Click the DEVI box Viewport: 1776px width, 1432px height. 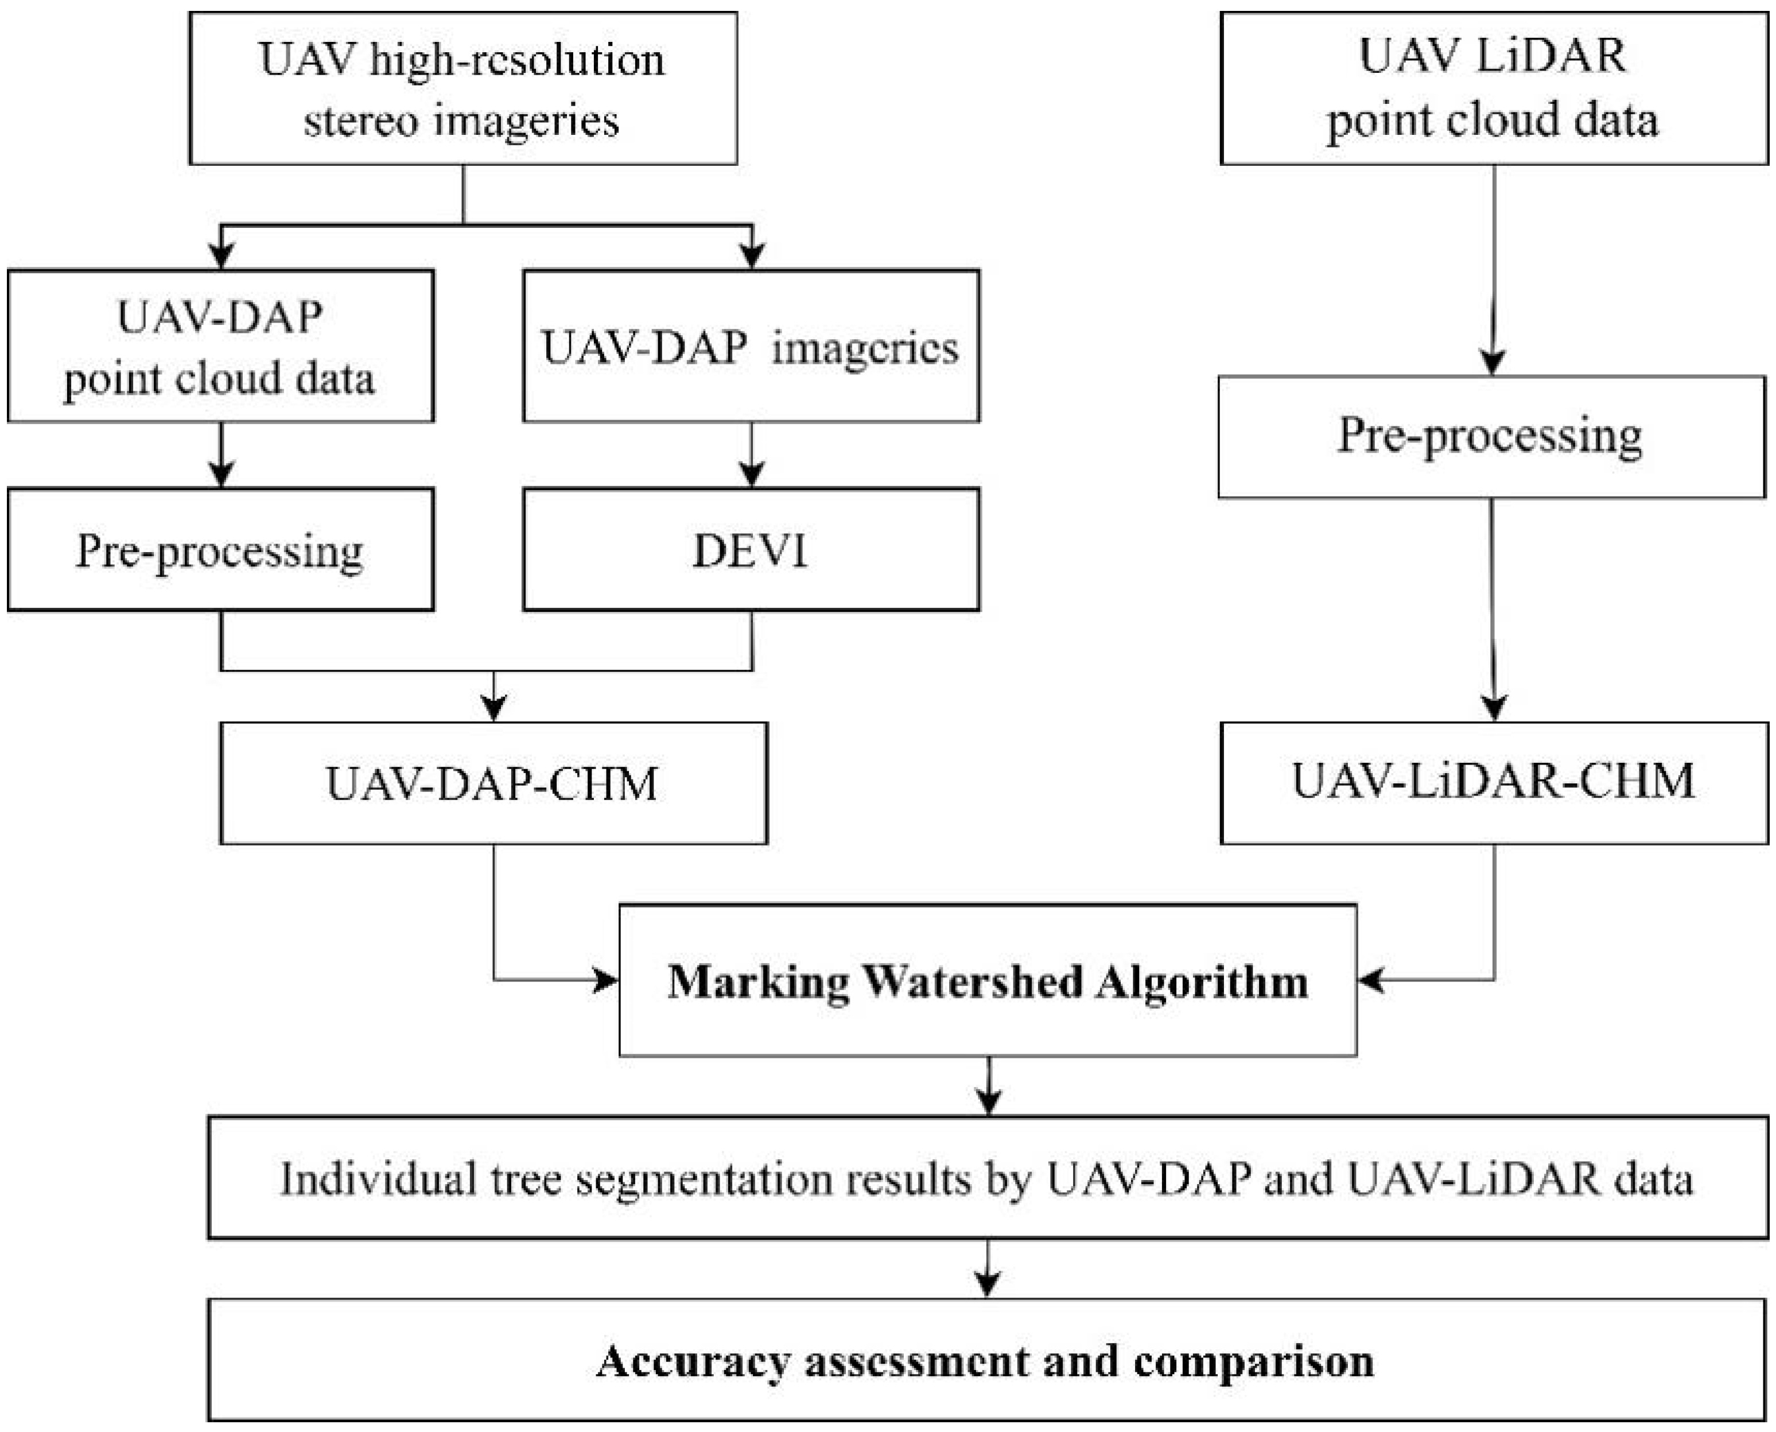point(751,550)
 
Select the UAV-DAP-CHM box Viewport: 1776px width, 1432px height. point(493,783)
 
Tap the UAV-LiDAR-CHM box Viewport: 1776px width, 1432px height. point(1493,782)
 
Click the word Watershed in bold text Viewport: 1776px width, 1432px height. point(972,981)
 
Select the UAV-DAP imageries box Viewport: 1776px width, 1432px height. point(751,347)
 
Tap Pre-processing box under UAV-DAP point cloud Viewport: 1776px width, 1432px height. point(220,550)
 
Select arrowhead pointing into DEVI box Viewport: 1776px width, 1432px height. point(751,476)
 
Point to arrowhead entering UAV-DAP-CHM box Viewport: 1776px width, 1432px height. point(493,709)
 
